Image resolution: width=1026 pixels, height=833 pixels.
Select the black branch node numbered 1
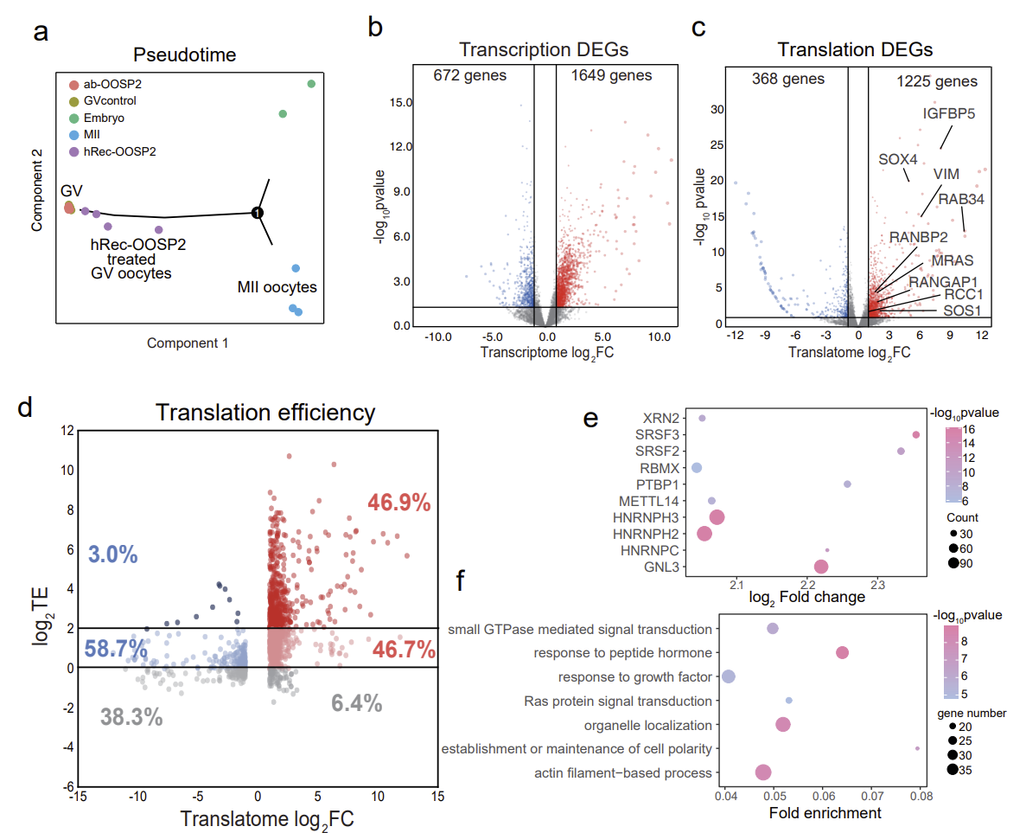click(x=257, y=212)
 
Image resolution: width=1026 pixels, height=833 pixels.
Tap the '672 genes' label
click(x=470, y=75)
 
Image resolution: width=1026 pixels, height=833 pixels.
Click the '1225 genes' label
click(x=937, y=81)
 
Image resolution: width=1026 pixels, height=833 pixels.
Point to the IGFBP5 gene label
click(x=953, y=112)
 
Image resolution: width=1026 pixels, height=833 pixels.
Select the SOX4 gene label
click(x=897, y=159)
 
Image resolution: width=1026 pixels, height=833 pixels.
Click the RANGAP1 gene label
click(x=942, y=280)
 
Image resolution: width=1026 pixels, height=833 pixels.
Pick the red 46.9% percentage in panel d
click(x=398, y=503)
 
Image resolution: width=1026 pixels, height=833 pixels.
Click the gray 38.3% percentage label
click(x=131, y=716)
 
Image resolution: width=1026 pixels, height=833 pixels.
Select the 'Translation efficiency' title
click(x=265, y=413)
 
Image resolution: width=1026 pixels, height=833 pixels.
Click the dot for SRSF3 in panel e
click(x=916, y=434)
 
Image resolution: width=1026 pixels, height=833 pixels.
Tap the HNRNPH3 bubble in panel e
click(x=717, y=517)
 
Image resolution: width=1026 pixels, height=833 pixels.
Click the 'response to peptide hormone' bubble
click(x=842, y=653)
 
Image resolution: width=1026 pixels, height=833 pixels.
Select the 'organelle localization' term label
click(x=648, y=725)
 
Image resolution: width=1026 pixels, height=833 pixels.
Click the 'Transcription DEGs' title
click(x=544, y=49)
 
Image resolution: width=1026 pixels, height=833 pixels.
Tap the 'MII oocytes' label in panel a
click(x=277, y=286)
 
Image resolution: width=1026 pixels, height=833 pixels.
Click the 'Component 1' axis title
click(x=188, y=343)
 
